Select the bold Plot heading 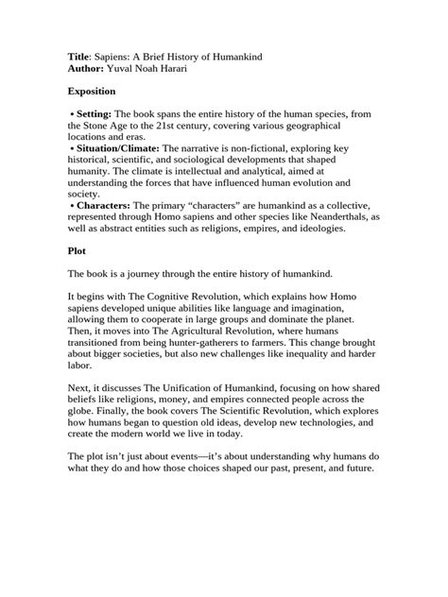(78, 252)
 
